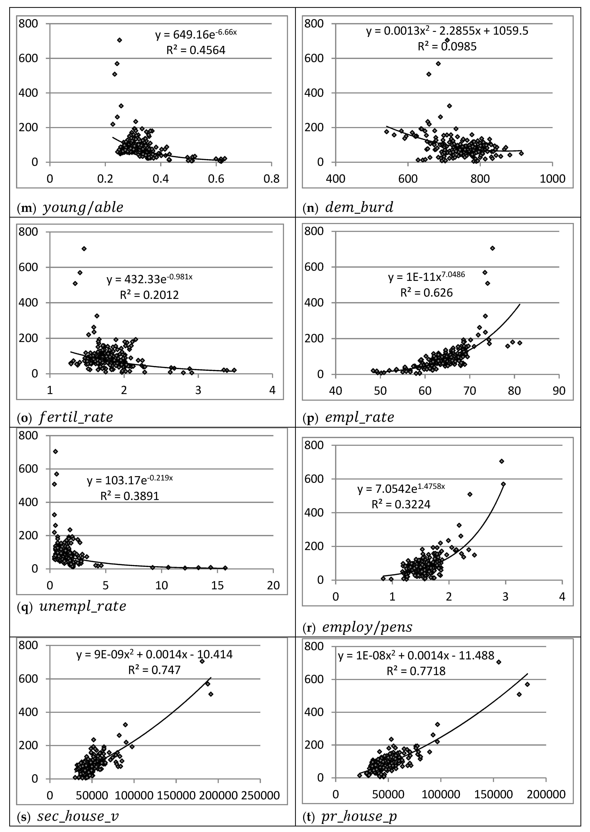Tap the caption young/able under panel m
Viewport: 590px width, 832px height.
tap(83, 207)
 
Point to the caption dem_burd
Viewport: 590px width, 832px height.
tap(359, 207)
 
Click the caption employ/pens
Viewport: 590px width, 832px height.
tap(367, 627)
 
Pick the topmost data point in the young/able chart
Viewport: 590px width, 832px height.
tap(119, 40)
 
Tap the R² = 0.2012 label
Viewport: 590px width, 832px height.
tap(149, 295)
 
